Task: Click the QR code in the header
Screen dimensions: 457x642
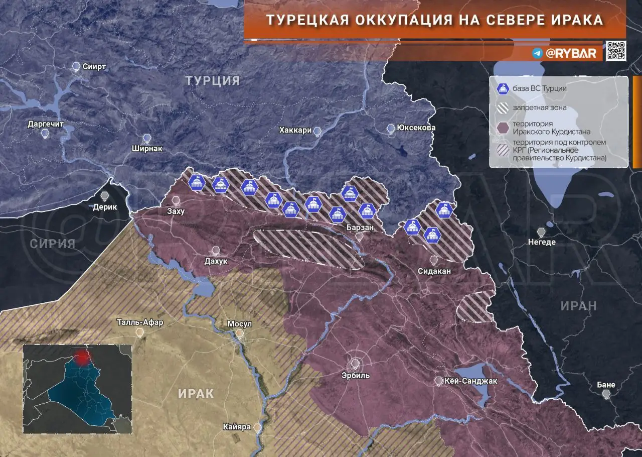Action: click(x=615, y=51)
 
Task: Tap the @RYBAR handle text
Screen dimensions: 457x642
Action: click(x=571, y=53)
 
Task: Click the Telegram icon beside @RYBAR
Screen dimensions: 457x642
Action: click(x=538, y=53)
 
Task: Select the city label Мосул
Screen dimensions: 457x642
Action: click(x=239, y=324)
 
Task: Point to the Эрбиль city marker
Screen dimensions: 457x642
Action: click(x=356, y=363)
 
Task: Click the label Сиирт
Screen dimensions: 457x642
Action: click(x=94, y=67)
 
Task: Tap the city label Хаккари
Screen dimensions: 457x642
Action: click(x=295, y=131)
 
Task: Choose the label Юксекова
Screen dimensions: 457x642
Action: click(x=415, y=128)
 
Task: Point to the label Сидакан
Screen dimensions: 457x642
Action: click(x=434, y=271)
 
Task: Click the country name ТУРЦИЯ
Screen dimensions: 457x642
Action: click(x=213, y=81)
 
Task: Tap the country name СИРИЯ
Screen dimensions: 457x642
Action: click(x=52, y=244)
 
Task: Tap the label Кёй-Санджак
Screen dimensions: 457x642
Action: click(x=470, y=381)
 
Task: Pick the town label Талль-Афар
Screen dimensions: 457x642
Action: click(x=139, y=322)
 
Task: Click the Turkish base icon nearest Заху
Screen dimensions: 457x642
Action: click(x=197, y=183)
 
